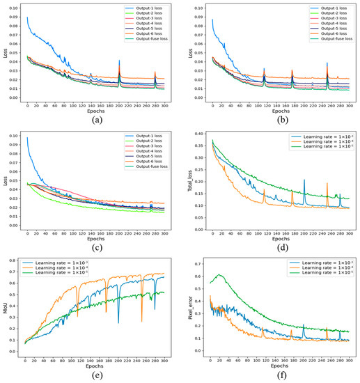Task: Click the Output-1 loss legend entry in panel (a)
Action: point(146,9)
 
